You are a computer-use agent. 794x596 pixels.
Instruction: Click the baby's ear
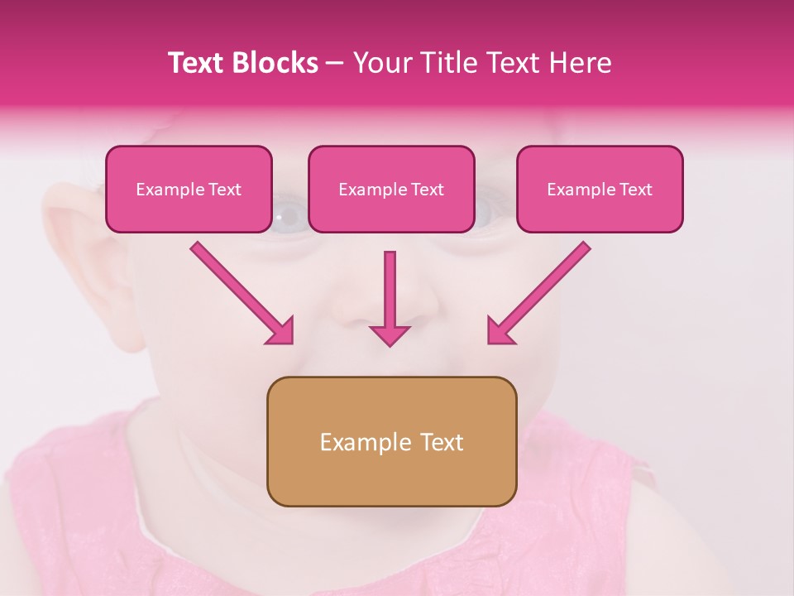point(83,248)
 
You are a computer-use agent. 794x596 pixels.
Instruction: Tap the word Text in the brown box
point(442,442)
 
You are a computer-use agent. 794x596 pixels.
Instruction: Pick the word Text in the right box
point(635,190)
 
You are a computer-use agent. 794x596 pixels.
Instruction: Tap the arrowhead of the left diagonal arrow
point(282,332)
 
